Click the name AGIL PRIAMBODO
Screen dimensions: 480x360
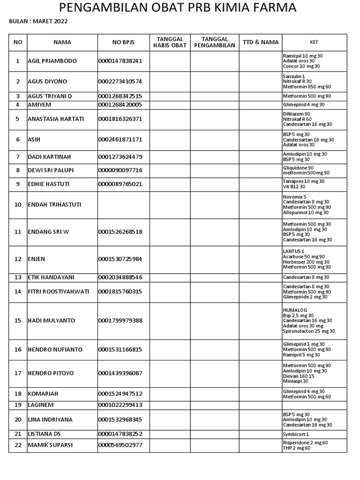tap(52, 61)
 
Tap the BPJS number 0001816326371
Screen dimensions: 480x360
tap(120, 119)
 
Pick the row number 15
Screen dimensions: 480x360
tap(18, 321)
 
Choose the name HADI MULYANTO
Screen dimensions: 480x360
tap(52, 321)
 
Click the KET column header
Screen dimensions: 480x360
tap(314, 42)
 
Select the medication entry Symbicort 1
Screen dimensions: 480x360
tap(296, 434)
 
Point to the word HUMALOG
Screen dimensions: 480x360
tap(294, 310)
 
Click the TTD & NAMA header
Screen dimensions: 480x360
tap(261, 42)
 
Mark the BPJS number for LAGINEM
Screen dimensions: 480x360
tap(120, 405)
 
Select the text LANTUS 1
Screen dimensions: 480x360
tap(294, 251)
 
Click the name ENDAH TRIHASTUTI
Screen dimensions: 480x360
tap(54, 205)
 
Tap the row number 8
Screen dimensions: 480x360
tap(18, 170)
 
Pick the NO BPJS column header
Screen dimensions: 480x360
tap(123, 42)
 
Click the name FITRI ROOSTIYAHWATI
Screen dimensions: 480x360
tap(58, 292)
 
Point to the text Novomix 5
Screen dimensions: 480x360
tap(295, 197)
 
